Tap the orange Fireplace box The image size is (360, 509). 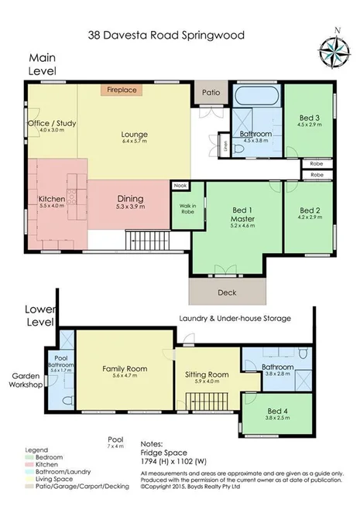(121, 90)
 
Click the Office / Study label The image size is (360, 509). (51, 124)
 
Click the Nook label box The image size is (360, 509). (180, 186)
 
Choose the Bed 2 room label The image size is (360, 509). (310, 210)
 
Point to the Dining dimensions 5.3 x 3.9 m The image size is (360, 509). (130, 207)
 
